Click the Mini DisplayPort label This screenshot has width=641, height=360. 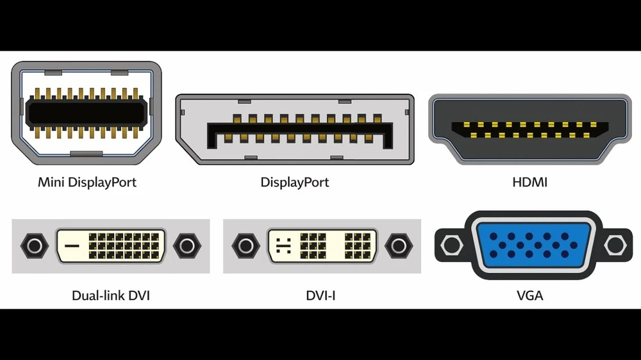click(87, 182)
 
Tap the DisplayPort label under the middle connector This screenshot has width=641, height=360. click(295, 182)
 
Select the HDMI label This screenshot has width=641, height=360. click(529, 182)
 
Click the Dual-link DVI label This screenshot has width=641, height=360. click(111, 296)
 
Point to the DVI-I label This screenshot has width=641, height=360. click(321, 296)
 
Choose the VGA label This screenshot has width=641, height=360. click(529, 296)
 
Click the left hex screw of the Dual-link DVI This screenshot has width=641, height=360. click(33, 245)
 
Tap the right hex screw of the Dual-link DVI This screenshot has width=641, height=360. click(187, 245)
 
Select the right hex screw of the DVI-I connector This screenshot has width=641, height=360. click(399, 245)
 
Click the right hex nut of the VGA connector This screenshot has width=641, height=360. click(614, 244)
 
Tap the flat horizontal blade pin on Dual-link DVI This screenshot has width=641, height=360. click(72, 245)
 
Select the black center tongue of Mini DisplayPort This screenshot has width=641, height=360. click(87, 113)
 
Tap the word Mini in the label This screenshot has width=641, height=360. click(51, 182)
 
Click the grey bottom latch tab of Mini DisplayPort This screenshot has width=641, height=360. click(86, 154)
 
